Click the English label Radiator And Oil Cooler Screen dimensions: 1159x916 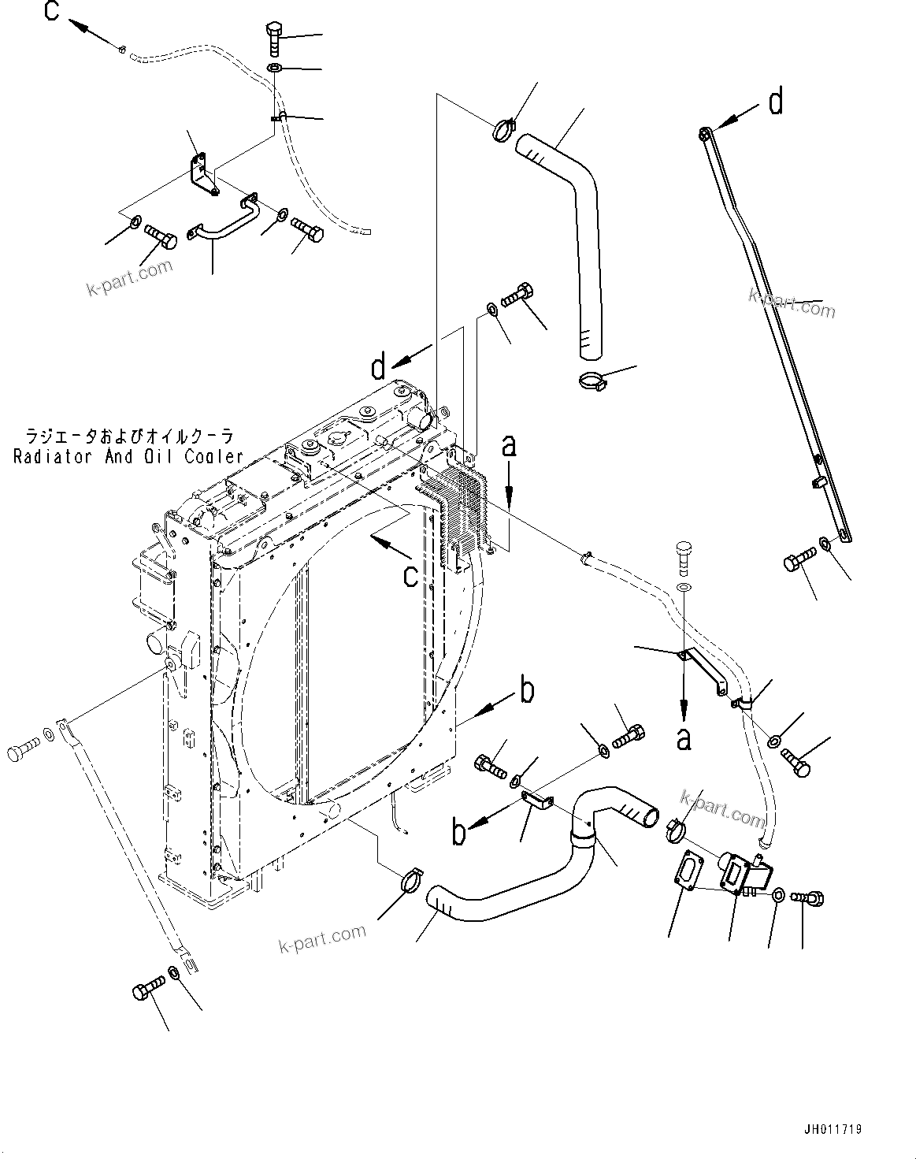coord(128,456)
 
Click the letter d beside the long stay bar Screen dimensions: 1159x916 coord(776,102)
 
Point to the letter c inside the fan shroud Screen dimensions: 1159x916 coord(410,576)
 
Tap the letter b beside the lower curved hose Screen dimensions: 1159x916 coord(527,689)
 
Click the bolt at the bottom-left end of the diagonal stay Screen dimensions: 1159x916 coord(150,985)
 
